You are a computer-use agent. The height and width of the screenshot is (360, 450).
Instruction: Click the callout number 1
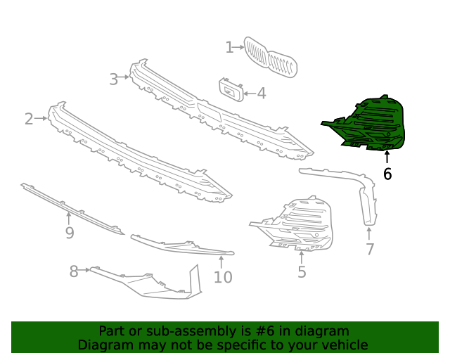click(229, 47)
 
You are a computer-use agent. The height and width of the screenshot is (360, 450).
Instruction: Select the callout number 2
click(29, 119)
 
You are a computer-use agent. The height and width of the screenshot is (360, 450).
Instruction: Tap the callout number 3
click(114, 79)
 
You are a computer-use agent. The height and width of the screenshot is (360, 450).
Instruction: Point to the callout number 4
click(261, 93)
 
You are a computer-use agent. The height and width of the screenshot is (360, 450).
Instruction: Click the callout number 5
click(302, 272)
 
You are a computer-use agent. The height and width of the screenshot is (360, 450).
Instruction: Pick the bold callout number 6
click(387, 174)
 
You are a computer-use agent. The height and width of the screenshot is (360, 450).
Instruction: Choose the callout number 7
click(370, 249)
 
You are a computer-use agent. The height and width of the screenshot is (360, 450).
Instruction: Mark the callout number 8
click(74, 271)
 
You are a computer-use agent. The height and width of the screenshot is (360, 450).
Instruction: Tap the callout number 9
click(69, 233)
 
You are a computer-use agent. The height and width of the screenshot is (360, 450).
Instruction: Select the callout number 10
click(222, 277)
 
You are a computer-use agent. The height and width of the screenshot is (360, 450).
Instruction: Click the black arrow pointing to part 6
click(387, 157)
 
